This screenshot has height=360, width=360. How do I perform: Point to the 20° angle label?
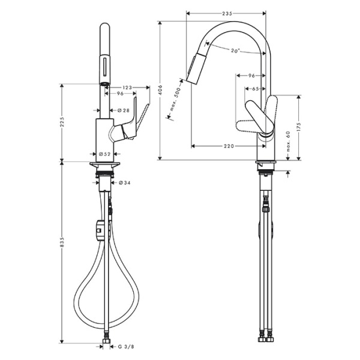[235, 52]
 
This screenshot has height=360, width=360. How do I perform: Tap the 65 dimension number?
[255, 89]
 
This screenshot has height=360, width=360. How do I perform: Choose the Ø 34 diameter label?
[125, 182]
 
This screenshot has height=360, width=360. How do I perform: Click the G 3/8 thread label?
[125, 346]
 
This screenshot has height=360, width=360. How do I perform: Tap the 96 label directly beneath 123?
[120, 95]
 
